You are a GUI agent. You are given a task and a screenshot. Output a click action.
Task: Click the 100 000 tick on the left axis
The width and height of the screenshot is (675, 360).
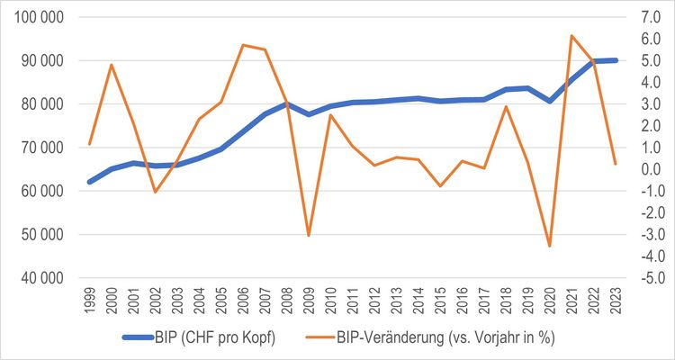[x=39, y=17]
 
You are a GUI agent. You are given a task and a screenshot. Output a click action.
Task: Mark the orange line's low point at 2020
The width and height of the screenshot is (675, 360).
[x=550, y=246]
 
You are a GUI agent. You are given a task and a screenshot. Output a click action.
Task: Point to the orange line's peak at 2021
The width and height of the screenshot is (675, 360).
[x=571, y=36]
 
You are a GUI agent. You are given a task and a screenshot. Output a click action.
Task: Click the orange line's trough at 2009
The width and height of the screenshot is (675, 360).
[x=309, y=235]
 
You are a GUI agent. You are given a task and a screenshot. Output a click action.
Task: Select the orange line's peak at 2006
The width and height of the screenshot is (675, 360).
[x=243, y=45]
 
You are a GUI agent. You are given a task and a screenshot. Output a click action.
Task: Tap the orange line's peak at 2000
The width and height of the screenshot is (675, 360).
[x=112, y=65]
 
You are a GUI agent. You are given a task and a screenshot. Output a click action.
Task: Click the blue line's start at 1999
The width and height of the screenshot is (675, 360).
[x=89, y=182]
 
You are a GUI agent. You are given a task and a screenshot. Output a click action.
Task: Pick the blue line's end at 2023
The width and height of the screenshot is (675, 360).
[x=616, y=60]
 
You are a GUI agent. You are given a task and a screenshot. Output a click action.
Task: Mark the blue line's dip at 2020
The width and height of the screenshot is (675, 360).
[x=550, y=101]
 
